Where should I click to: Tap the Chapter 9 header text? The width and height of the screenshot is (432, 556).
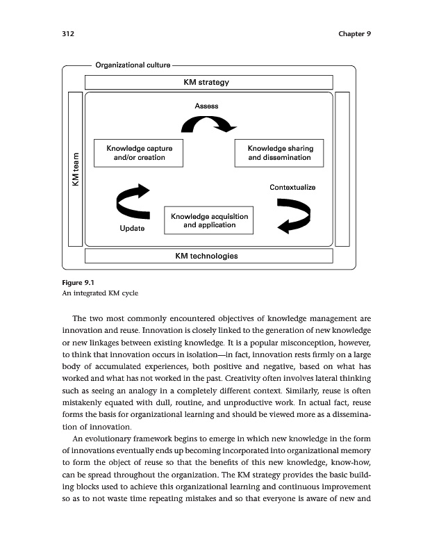[x=354, y=34]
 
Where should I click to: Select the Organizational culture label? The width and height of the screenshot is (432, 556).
[x=133, y=65]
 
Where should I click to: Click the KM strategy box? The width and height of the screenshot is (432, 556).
[x=208, y=82]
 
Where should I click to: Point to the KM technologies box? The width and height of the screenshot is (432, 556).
[x=208, y=256]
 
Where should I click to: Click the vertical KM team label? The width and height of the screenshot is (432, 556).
[x=75, y=169]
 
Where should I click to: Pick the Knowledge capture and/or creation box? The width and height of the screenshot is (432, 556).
[x=139, y=153]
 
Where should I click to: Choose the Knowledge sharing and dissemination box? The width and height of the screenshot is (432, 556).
[x=280, y=153]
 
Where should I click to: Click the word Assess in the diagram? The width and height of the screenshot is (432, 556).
[x=206, y=106]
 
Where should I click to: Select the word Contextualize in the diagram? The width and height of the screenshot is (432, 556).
[x=292, y=188]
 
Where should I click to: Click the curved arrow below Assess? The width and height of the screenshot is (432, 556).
[x=208, y=124]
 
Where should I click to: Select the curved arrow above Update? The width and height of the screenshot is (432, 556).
[x=133, y=201]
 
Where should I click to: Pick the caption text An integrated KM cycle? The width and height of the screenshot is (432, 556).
[x=100, y=293]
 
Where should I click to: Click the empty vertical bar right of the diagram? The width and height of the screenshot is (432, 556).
[x=342, y=169]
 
